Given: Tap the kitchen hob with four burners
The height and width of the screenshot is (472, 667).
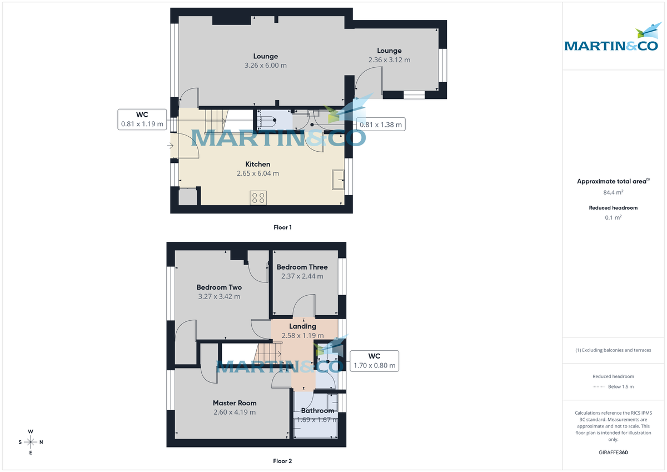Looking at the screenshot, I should pyautogui.click(x=258, y=197).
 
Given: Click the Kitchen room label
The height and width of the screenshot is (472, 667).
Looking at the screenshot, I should pyautogui.click(x=258, y=164).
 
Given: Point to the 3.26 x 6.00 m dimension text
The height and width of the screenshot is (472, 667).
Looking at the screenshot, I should pyautogui.click(x=265, y=65).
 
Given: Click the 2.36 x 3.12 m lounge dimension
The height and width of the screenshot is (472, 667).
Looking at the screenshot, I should pyautogui.click(x=389, y=60).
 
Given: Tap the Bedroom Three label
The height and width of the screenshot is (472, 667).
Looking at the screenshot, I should pyautogui.click(x=302, y=267).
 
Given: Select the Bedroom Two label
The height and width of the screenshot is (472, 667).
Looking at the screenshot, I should pyautogui.click(x=219, y=287).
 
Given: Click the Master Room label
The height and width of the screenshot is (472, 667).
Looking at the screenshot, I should pyautogui.click(x=235, y=403).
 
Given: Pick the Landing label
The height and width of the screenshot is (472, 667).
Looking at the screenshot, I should pyautogui.click(x=302, y=326).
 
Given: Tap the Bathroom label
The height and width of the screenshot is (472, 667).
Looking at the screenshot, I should pyautogui.click(x=317, y=411).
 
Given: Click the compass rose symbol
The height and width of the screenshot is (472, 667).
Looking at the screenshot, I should pyautogui.click(x=31, y=442).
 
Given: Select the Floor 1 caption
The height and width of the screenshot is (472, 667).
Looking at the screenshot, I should pyautogui.click(x=282, y=227).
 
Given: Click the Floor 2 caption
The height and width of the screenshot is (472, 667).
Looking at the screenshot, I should pyautogui.click(x=282, y=461).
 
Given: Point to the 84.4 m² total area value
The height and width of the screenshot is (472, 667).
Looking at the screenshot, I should pyautogui.click(x=613, y=192).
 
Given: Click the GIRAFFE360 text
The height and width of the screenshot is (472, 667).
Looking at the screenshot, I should pyautogui.click(x=613, y=453).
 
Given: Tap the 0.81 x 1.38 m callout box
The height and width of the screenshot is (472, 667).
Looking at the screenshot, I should pyautogui.click(x=380, y=125).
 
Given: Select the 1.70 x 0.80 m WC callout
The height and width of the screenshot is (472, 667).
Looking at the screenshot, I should pyautogui.click(x=374, y=361).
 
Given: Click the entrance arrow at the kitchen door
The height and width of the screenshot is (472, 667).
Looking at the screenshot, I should pyautogui.click(x=170, y=146).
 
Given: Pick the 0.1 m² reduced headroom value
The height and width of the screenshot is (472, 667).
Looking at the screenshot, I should pyautogui.click(x=613, y=217).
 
